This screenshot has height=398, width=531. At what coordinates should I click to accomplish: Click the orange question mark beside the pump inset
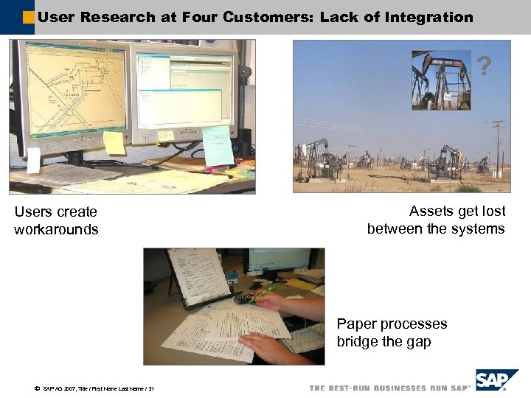(484, 67)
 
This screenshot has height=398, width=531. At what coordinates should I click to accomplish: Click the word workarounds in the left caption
(56, 229)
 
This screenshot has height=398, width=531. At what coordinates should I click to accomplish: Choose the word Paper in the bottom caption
(355, 324)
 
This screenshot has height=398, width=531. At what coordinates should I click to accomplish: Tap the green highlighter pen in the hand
(262, 294)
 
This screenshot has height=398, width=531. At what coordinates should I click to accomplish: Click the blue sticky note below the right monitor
(218, 146)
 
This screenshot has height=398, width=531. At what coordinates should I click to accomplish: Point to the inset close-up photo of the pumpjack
(441, 80)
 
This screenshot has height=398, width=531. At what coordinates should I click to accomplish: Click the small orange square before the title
(28, 17)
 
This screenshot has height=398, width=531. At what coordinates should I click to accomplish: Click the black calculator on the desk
(245, 298)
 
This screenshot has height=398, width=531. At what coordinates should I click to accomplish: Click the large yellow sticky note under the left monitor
(114, 142)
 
